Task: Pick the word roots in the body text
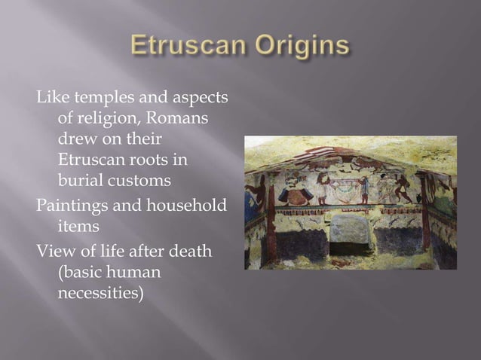(148, 161)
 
